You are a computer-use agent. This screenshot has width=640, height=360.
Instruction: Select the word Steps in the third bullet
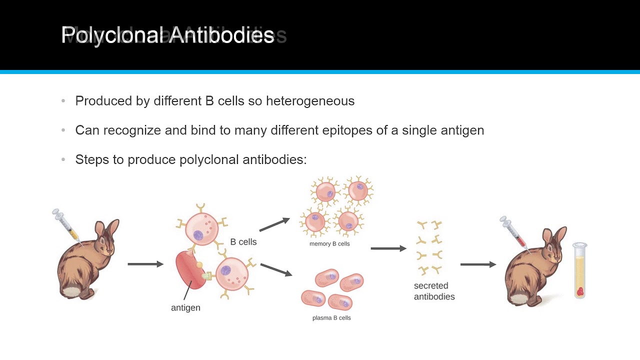pos(91,160)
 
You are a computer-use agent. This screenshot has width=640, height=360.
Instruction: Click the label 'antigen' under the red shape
pos(185,308)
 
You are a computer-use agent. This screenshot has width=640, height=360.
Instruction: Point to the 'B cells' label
pos(243,242)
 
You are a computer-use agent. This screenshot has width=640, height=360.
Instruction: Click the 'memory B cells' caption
pos(329,244)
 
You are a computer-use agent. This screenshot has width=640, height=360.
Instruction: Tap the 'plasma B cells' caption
pos(331,318)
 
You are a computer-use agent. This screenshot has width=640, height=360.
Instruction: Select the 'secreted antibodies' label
pos(434,291)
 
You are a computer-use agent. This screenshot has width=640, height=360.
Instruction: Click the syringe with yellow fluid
pos(66,223)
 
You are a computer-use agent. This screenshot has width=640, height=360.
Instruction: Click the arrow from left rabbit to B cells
pos(145,264)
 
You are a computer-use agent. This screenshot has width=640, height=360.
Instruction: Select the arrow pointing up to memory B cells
pos(274,224)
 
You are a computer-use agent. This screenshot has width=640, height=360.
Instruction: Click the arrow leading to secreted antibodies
pos(388,248)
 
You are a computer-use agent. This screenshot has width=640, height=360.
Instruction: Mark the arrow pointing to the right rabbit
pos(478,264)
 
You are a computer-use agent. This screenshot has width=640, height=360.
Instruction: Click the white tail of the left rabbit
pos(71,290)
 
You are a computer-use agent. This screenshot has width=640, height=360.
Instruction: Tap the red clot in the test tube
pos(580,291)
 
